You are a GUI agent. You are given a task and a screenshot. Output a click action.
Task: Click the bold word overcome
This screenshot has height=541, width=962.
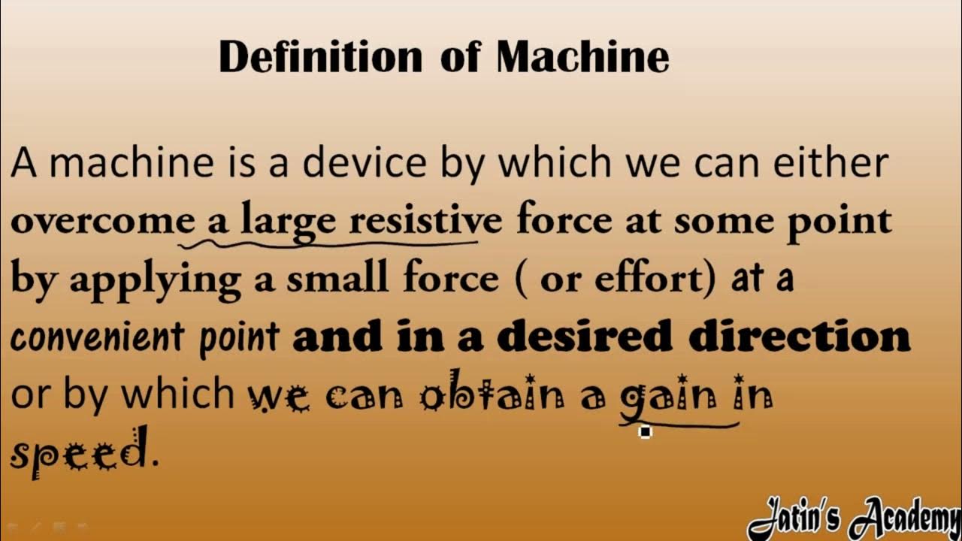(x=102, y=222)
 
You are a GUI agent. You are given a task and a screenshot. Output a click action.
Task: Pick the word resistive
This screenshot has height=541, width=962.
(x=425, y=222)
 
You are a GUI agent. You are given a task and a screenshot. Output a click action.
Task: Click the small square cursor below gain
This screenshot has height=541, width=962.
(x=645, y=432)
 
